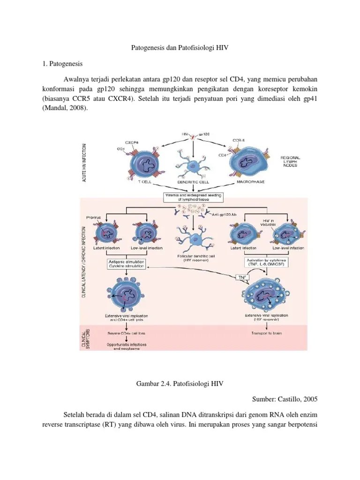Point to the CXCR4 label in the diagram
132,142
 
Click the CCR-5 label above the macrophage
239,140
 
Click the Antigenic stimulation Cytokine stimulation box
127,264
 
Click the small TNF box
242,277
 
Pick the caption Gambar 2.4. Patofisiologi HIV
180,384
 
